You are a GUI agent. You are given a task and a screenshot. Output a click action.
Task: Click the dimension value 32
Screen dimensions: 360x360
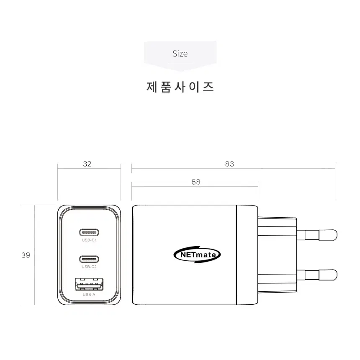pos(87,164)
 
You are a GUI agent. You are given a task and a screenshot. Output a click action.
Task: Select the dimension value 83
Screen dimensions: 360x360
pos(229,164)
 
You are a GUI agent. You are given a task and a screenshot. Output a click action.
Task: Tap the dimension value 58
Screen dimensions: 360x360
pos(196,182)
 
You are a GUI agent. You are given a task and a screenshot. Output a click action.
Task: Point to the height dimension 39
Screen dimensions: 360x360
pos(26,255)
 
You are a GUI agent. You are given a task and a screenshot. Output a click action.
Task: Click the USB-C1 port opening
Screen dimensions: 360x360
pos(89,232)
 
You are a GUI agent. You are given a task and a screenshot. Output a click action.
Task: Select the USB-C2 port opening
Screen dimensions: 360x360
pos(89,259)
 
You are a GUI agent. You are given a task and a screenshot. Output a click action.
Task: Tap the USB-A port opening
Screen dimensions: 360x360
pos(89,284)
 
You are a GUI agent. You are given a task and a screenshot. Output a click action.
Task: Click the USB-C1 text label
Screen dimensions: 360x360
pos(89,240)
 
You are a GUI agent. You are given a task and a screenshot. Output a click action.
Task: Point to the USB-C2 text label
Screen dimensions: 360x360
pos(89,267)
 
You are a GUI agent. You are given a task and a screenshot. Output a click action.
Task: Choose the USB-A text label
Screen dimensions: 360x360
pos(89,295)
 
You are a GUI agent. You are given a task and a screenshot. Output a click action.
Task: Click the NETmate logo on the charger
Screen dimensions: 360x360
pos(197,255)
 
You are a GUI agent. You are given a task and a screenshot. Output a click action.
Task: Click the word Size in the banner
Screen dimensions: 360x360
pos(180,54)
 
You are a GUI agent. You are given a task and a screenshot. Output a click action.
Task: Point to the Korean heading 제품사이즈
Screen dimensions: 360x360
pos(180,87)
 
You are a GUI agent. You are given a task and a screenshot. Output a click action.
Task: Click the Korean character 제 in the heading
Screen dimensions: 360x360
pos(152,87)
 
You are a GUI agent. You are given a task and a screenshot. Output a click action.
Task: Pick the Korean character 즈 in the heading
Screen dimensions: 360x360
pos(208,87)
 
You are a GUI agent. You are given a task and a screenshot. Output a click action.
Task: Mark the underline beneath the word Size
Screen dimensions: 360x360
pos(180,63)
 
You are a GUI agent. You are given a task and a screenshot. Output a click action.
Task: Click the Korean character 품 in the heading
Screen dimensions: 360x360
pos(166,87)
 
